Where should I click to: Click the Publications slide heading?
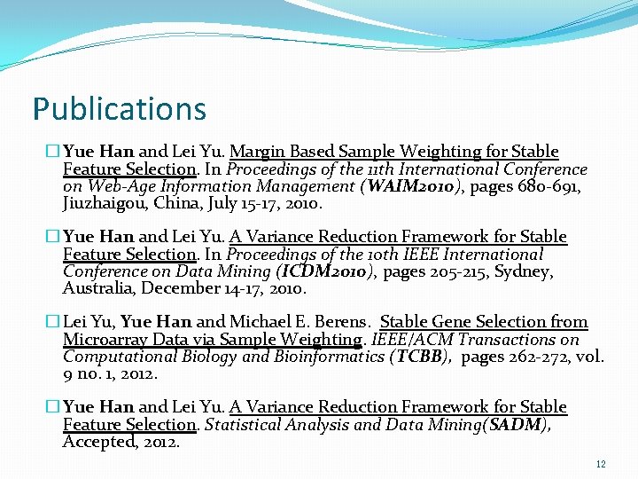click(x=119, y=109)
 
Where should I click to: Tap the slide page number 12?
click(x=601, y=464)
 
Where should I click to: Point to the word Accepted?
click(x=98, y=442)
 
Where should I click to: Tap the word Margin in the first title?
click(x=256, y=152)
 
